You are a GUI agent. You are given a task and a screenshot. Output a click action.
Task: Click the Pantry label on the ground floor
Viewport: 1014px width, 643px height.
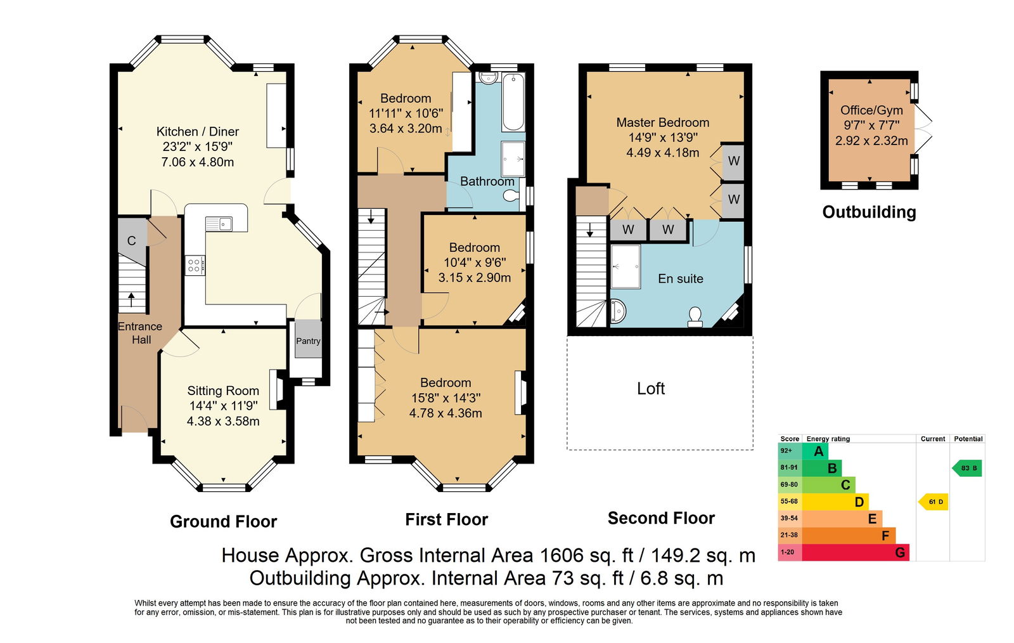point(308,341)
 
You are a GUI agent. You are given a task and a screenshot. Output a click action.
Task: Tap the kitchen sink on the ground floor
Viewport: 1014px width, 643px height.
point(219,224)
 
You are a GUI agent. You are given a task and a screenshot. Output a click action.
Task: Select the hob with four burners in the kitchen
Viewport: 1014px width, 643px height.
point(195,265)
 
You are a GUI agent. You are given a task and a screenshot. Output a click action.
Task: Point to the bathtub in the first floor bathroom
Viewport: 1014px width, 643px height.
point(513,102)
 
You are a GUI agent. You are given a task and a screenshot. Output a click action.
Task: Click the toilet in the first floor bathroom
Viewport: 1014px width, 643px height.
point(512,196)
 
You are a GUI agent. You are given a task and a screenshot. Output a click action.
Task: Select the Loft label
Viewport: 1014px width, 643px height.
point(650,389)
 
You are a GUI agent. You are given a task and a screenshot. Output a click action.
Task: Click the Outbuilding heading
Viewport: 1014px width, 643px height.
point(869,212)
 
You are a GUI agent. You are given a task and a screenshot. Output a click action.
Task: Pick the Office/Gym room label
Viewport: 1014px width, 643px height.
point(871,110)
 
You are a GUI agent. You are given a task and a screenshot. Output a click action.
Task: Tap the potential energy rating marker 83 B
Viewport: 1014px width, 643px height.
point(967,468)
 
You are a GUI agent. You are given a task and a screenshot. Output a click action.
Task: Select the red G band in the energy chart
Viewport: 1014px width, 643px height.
point(856,552)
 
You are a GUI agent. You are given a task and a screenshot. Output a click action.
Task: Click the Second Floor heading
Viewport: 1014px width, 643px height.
point(661,518)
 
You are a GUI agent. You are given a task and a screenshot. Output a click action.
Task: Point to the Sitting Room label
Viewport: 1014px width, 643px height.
point(223,391)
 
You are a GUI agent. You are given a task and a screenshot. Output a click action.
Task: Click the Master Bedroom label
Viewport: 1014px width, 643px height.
point(663,122)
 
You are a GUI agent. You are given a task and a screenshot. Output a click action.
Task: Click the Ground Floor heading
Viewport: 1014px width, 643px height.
point(223,522)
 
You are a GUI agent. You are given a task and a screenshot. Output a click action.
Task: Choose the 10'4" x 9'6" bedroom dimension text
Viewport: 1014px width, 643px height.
point(475,262)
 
